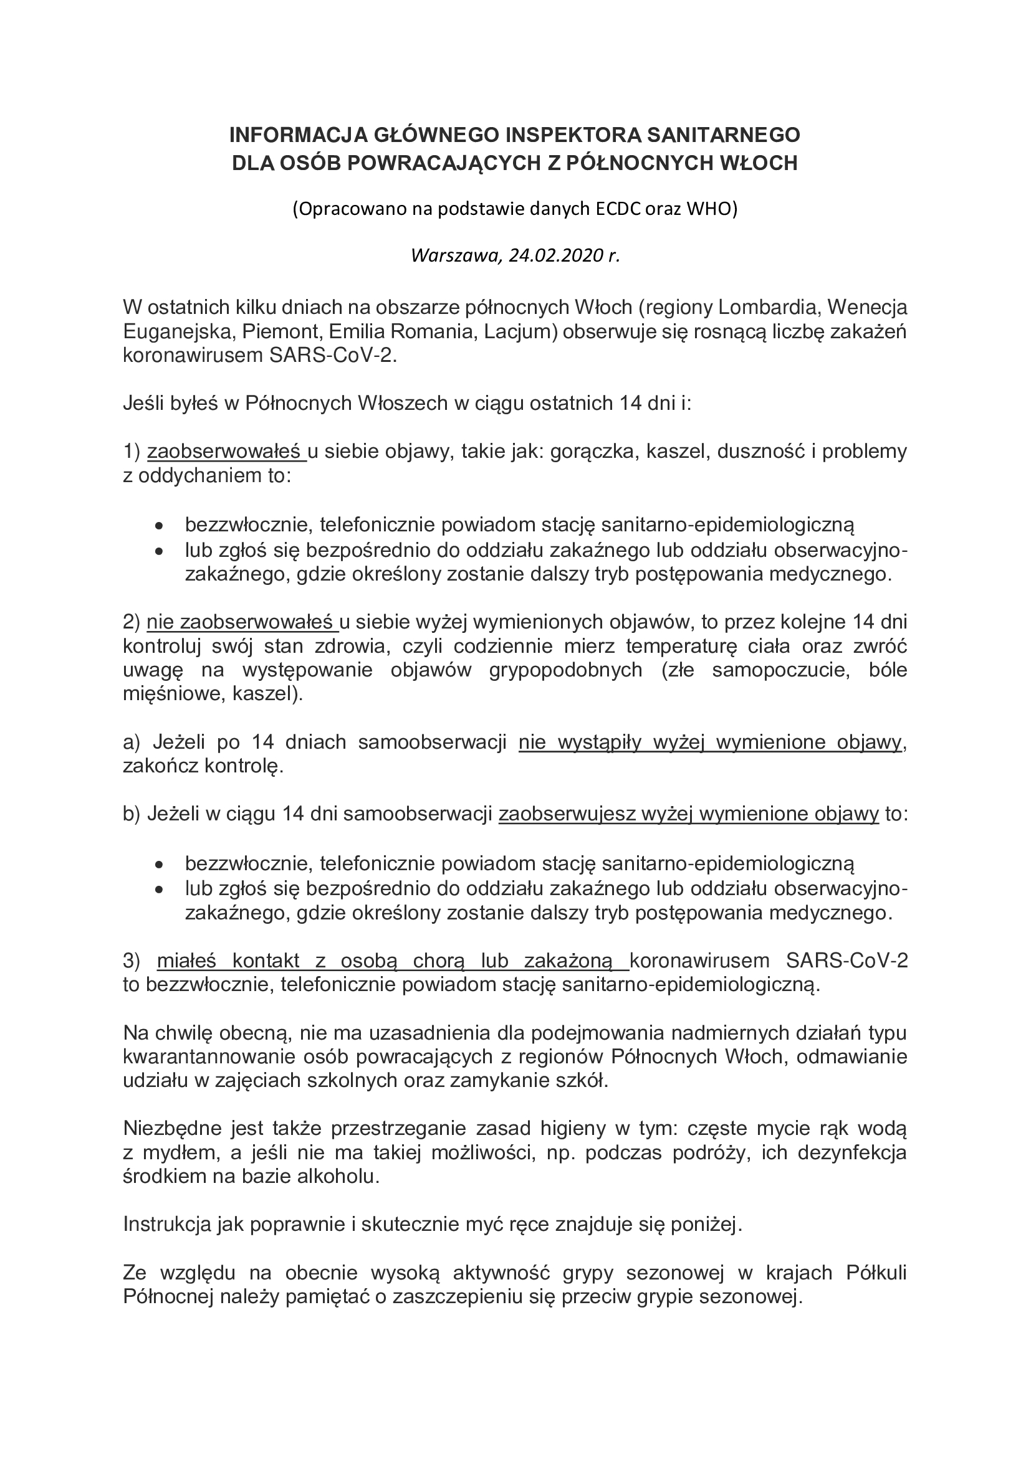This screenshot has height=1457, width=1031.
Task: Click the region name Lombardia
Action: coord(766,307)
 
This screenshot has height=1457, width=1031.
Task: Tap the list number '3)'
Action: coord(132,961)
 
